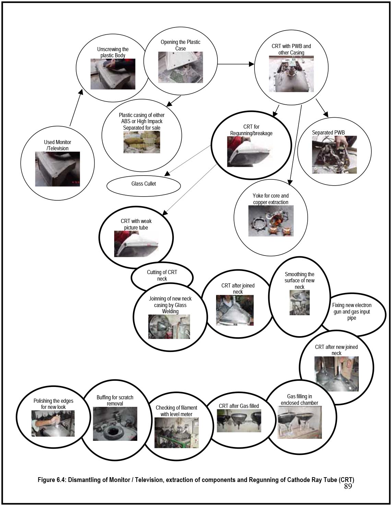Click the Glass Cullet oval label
(144, 184)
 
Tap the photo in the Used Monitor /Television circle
(57, 169)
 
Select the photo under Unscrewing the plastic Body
(113, 74)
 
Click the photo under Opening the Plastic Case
(180, 67)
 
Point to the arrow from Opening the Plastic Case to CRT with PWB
(236, 64)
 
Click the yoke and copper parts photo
(271, 221)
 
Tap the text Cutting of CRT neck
(162, 275)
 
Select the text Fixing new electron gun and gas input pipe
(352, 311)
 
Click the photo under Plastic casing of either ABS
(142, 142)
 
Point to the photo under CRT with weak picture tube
(136, 244)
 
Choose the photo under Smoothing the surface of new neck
(299, 303)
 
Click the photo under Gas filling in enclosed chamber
(299, 422)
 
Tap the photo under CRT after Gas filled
(239, 421)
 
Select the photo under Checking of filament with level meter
(176, 433)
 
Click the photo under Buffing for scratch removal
(115, 424)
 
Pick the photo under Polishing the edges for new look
(53, 423)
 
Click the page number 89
(348, 486)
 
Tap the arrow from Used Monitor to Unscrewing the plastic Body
(76, 108)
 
